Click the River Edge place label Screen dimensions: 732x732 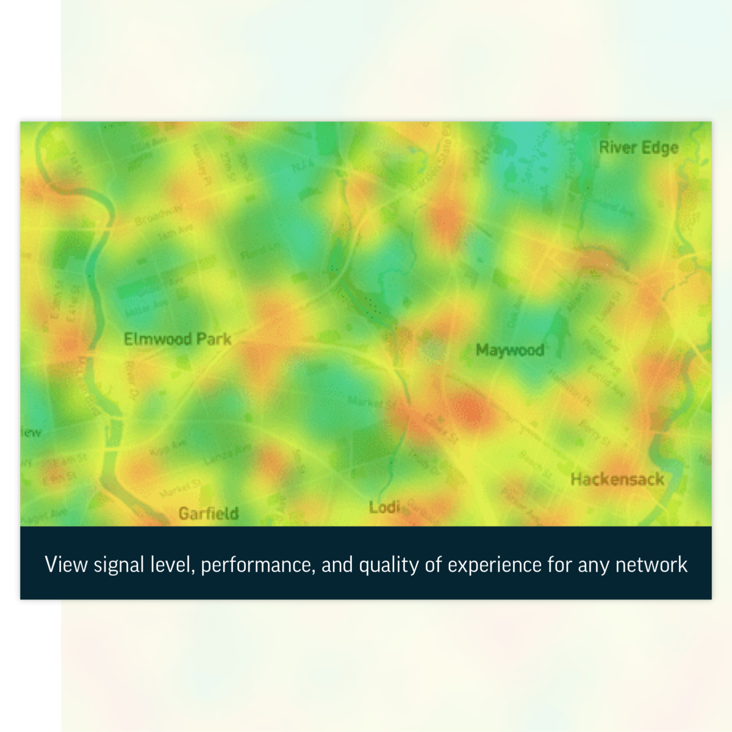[638, 148]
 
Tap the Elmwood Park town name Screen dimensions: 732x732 [178, 339]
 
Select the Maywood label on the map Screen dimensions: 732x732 [509, 350]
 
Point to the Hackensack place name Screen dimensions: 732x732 [617, 479]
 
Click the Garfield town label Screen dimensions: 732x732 [209, 514]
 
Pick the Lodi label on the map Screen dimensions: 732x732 [384, 507]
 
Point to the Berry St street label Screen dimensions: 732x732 [594, 431]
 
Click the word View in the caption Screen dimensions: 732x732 [66, 565]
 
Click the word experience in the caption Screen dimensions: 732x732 [494, 565]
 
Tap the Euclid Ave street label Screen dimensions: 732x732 [606, 380]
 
